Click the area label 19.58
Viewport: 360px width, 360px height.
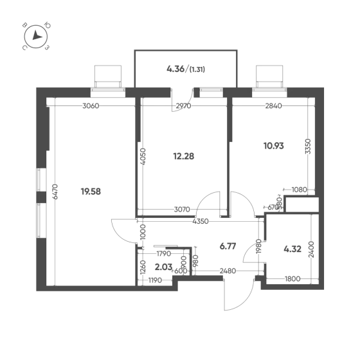91,192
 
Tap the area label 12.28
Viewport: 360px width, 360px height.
183,156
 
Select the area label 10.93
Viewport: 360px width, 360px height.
274,146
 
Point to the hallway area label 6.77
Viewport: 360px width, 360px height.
228,246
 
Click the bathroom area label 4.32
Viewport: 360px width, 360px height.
292,249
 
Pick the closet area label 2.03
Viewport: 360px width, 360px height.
163,267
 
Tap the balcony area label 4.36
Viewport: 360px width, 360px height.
175,69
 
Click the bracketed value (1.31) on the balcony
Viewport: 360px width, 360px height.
197,69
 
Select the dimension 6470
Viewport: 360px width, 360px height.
55,192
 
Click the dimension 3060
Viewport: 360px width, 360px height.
91,106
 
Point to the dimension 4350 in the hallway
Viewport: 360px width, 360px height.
201,221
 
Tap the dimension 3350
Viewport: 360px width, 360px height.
308,147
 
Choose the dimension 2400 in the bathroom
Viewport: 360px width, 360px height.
311,249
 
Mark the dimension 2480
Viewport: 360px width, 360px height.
228,271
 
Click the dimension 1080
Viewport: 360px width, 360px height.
299,190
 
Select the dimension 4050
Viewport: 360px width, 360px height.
143,157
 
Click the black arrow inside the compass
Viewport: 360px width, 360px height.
37,35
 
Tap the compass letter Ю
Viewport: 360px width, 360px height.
48,25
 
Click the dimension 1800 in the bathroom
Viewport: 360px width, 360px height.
292,279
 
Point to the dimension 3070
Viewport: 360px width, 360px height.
182,210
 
